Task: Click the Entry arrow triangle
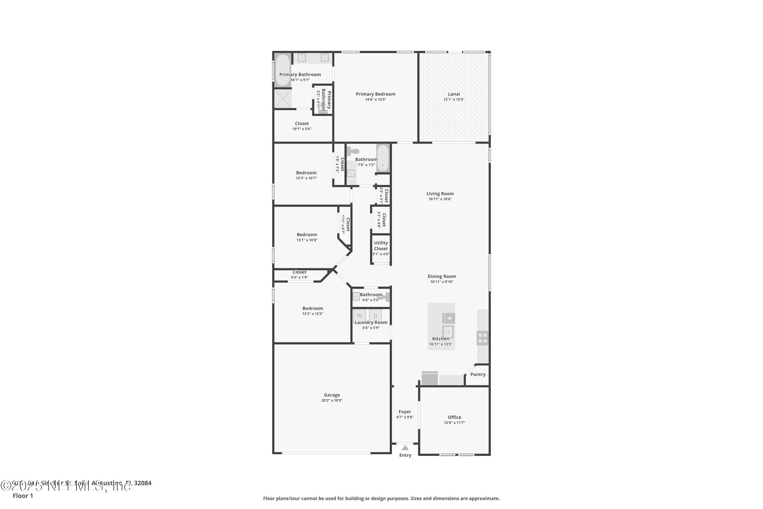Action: coord(405,448)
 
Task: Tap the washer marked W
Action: coord(359,316)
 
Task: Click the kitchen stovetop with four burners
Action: coord(482,338)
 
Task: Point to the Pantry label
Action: coord(478,374)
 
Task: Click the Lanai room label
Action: coord(454,94)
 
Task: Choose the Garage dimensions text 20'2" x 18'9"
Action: coord(332,400)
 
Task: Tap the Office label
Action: coord(454,417)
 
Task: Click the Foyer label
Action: coord(405,412)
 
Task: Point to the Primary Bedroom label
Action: coord(376,94)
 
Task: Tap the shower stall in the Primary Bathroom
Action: coord(283,98)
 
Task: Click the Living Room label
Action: coord(440,193)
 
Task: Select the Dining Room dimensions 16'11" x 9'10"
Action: coord(442,282)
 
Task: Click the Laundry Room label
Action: coord(371,322)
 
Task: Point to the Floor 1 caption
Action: coord(23,496)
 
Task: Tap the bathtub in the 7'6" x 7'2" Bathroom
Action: coord(383,158)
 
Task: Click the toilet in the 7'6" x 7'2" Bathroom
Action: coord(353,151)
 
